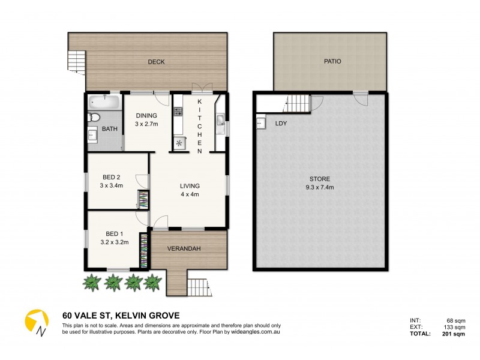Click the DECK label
156,62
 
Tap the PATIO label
332,61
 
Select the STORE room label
319,179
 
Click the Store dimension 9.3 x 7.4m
319,187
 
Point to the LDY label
280,124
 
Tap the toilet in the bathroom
94,117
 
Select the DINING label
146,116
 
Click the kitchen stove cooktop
178,111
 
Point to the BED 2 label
112,177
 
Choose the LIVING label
190,186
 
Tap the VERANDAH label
184,248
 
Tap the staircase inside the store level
298,104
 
